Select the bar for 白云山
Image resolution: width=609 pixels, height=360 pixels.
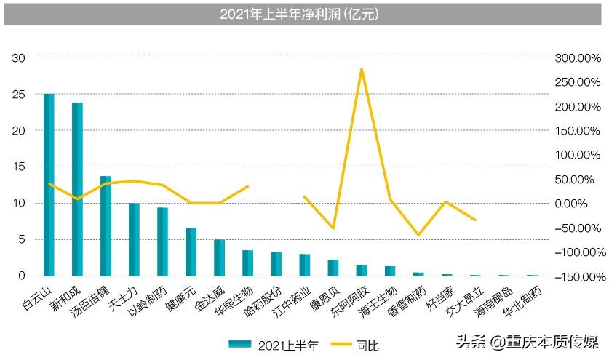pos(49,185)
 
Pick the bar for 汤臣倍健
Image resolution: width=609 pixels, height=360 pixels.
pos(106,225)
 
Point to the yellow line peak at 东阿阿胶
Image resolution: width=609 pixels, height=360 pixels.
pos(362,69)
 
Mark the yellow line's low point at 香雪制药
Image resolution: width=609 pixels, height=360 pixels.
pos(418,235)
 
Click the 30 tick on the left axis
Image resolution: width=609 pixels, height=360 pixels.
pos(20,58)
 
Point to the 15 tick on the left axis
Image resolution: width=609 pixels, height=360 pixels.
pos(20,167)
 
